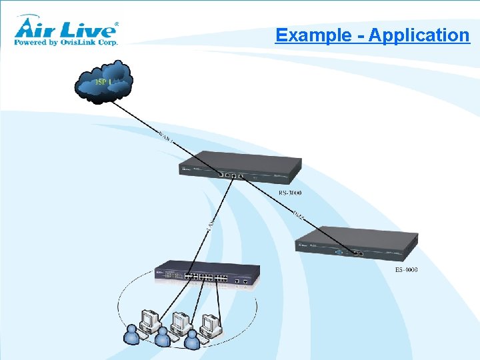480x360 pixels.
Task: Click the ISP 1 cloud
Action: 103,81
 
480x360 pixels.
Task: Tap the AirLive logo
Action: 67,28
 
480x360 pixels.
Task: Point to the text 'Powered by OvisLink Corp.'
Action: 66,42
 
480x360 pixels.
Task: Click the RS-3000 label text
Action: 289,193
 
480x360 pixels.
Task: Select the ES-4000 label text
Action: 406,269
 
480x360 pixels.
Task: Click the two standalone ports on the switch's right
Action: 241,281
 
